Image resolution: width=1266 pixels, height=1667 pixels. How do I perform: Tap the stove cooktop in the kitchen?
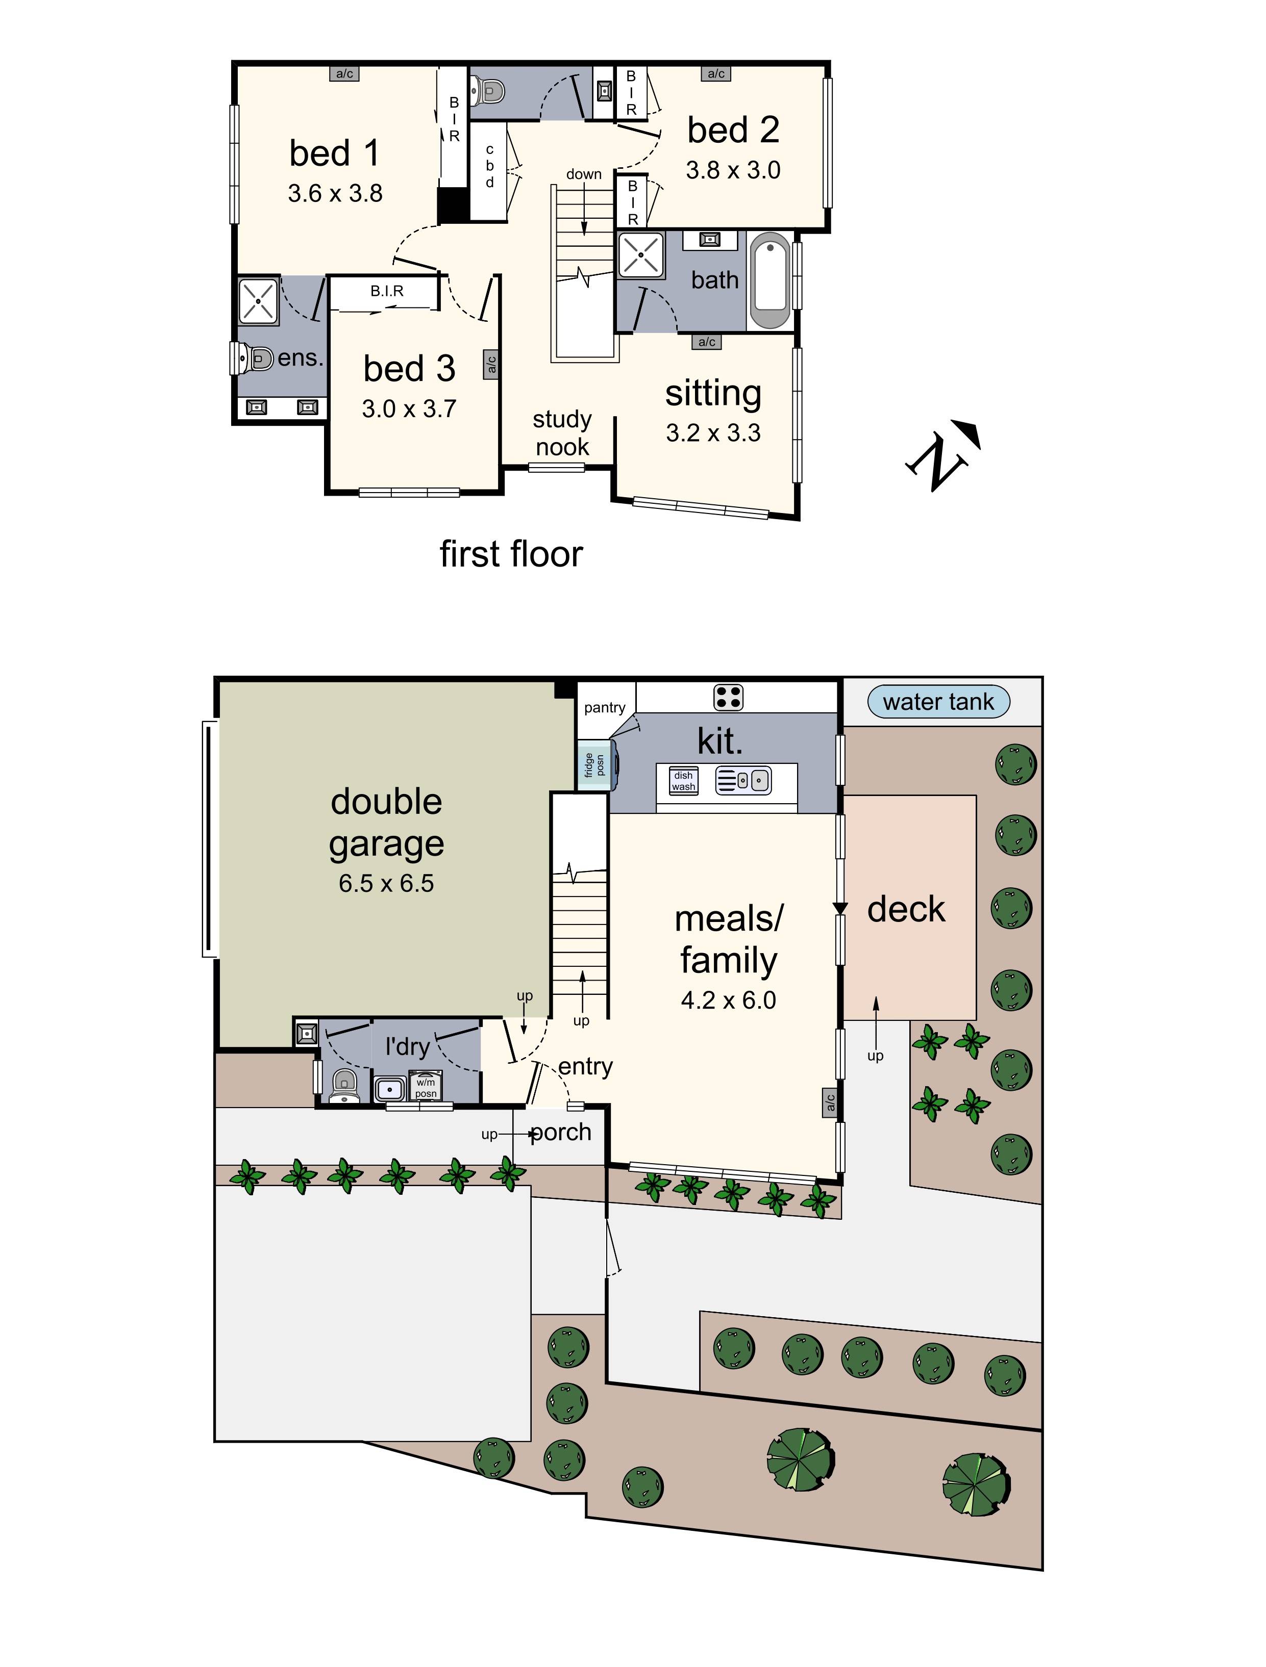(728, 697)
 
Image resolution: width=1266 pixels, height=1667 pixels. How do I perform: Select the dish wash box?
(683, 781)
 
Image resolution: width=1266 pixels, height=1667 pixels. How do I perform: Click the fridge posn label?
(594, 765)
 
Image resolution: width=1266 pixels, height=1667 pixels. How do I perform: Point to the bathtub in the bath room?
(771, 280)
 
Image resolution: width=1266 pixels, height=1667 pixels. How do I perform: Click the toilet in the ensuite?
(254, 358)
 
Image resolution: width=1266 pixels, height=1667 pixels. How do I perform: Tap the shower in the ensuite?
(258, 301)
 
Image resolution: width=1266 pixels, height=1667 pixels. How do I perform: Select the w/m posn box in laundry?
(425, 1088)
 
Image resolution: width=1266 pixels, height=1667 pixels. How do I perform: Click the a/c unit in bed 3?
(490, 364)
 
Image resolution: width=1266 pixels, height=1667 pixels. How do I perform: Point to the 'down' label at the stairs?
(584, 174)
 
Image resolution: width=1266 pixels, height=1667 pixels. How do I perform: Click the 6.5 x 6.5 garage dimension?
(386, 883)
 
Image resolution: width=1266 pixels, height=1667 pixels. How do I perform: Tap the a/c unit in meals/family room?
(829, 1102)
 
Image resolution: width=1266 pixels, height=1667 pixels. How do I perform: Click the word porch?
(560, 1132)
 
